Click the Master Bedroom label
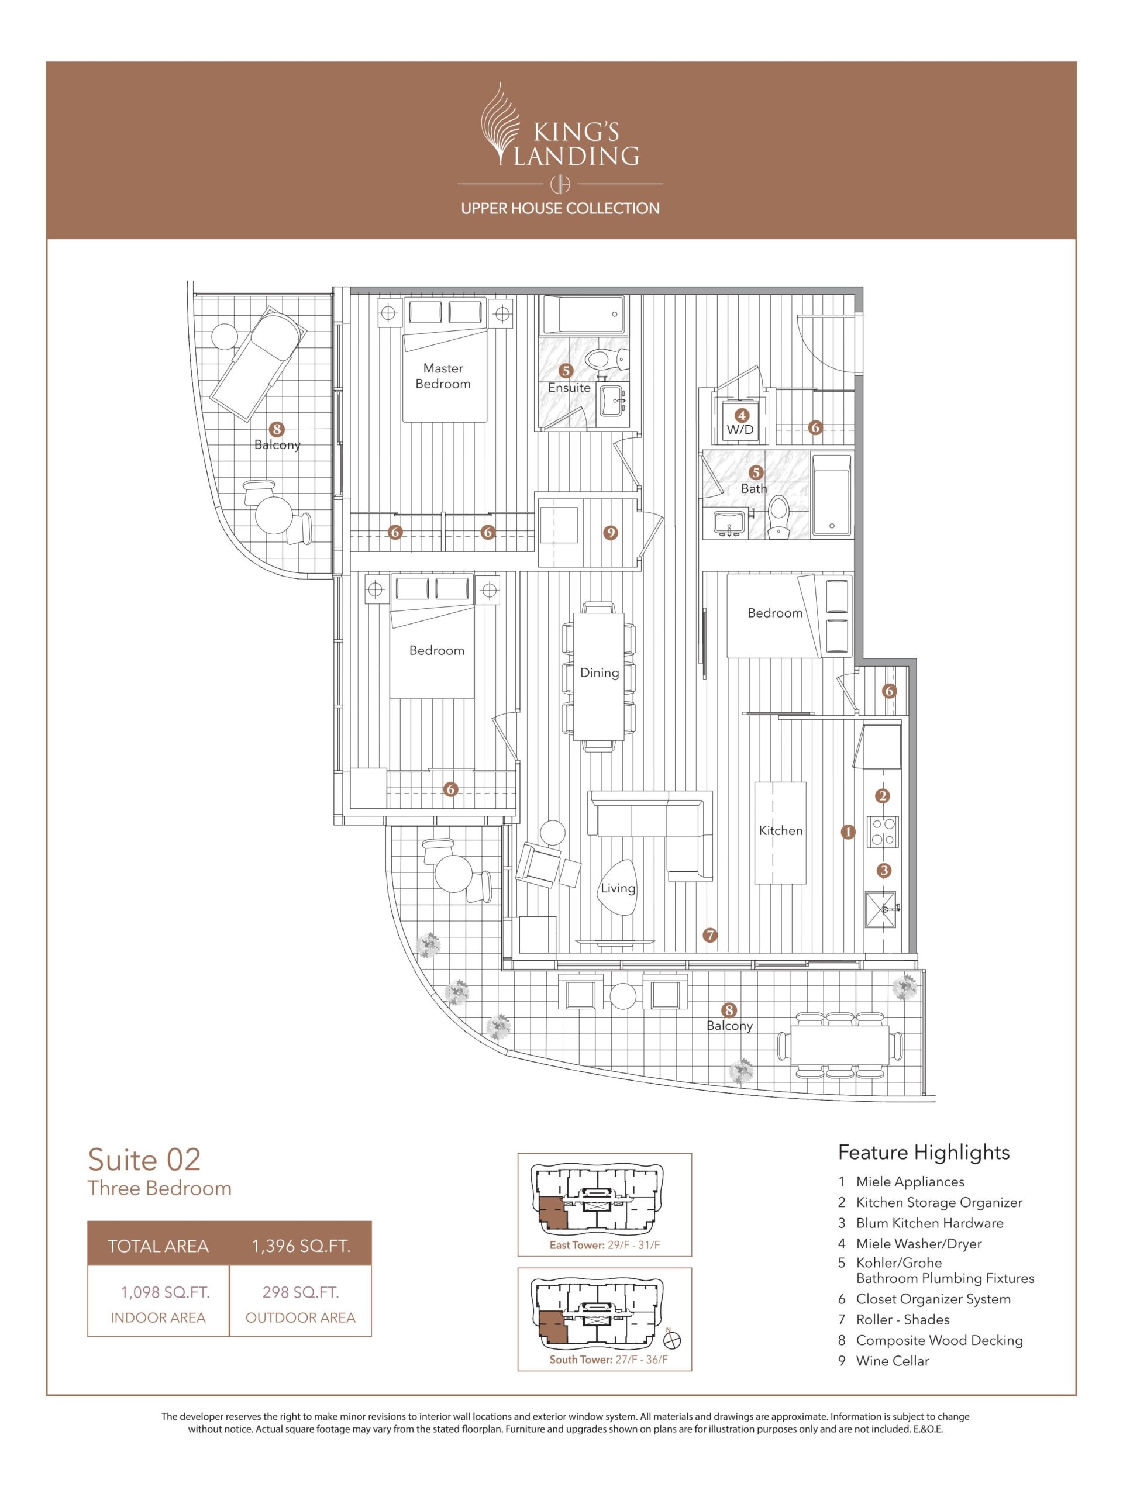coord(443,375)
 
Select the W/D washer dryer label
coord(740,430)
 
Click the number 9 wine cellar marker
coord(611,533)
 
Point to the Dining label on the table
coord(599,672)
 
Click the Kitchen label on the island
coord(780,830)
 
